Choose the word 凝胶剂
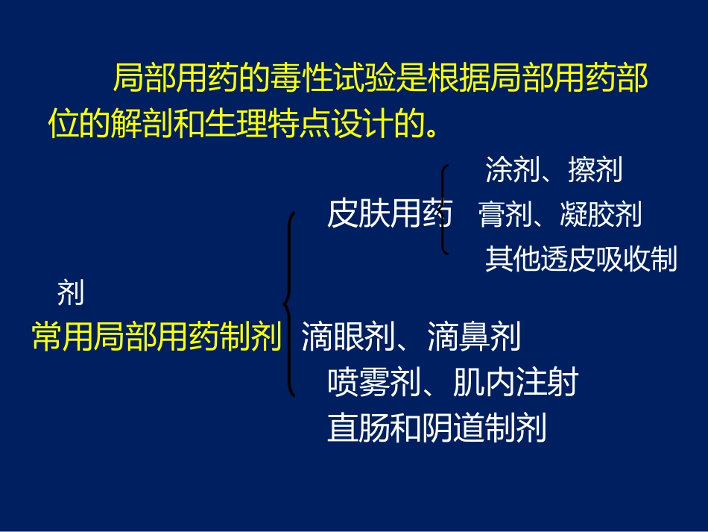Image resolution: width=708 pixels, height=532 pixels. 600,216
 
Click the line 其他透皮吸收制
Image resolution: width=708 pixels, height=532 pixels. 581,260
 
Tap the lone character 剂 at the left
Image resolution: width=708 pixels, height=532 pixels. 70,293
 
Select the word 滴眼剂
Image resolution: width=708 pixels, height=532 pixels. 347,338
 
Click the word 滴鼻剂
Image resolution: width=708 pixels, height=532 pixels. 474,338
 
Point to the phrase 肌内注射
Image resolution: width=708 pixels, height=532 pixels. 515,384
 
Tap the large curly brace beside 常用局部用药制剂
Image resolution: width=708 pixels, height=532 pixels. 288,303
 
